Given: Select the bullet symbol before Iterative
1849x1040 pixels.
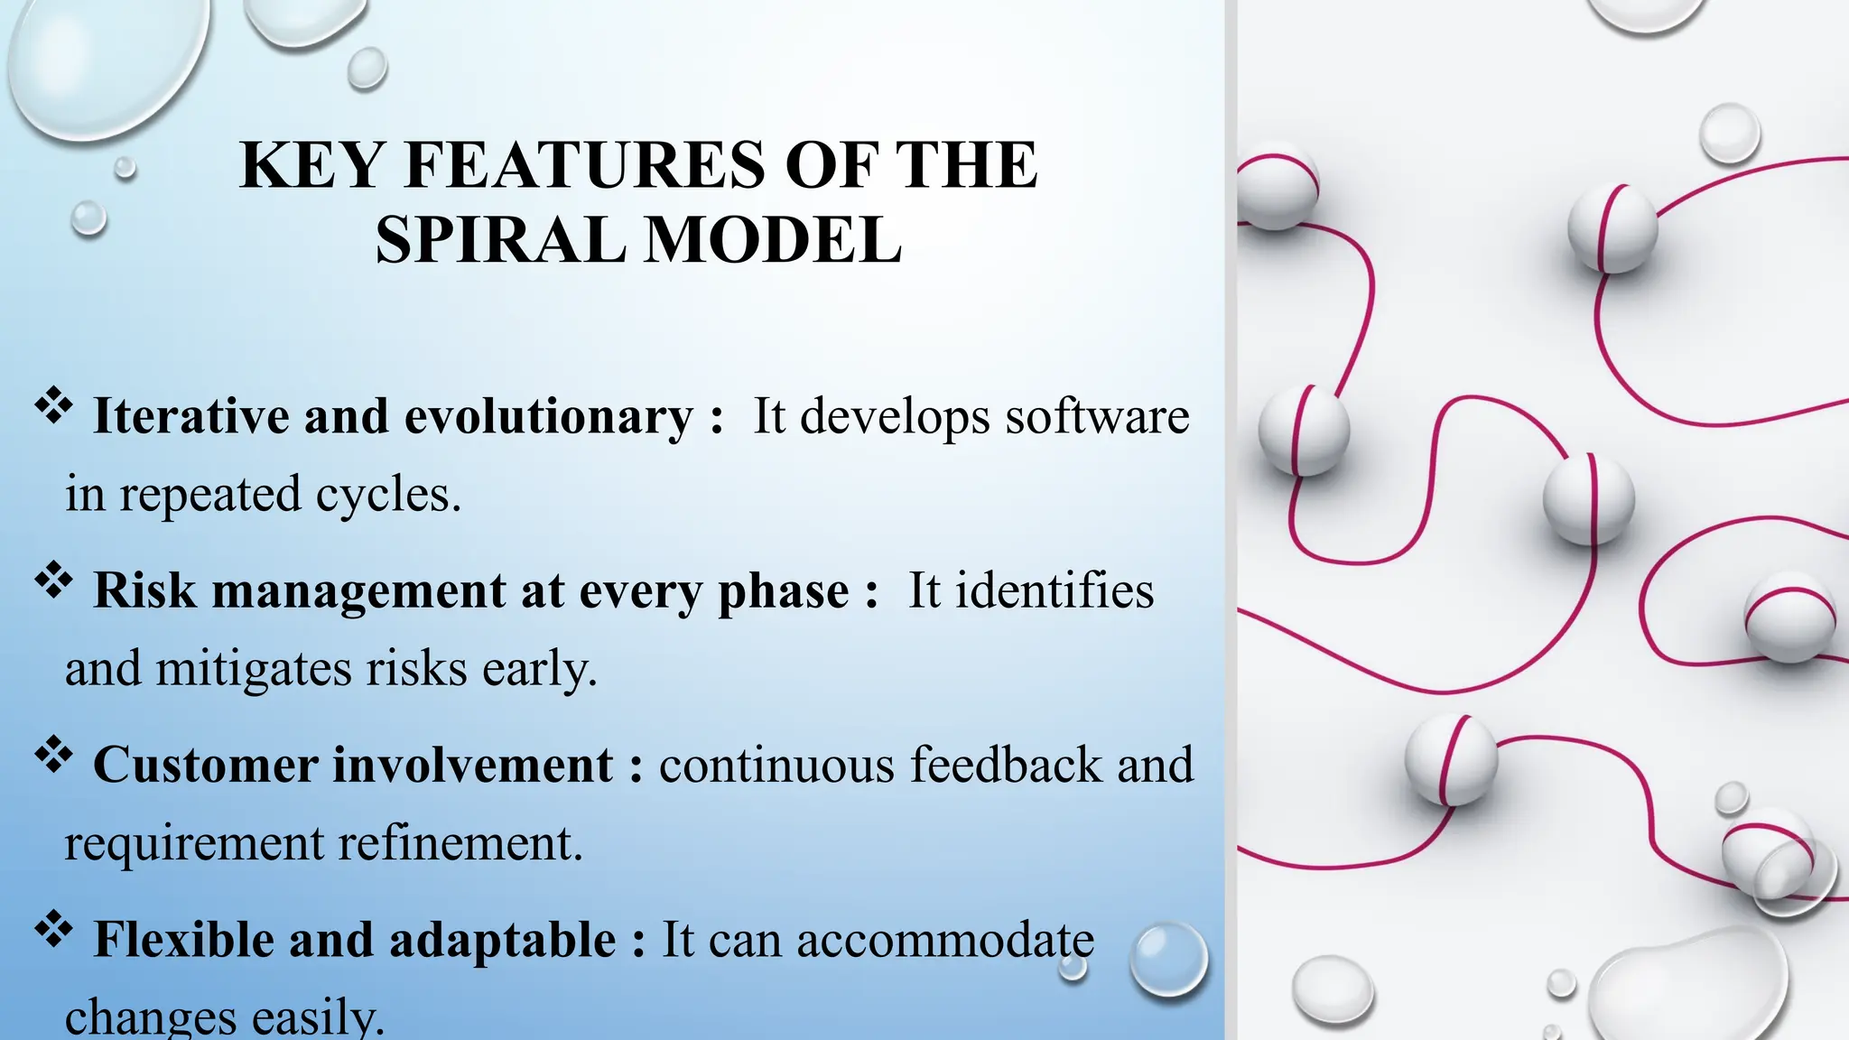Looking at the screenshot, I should click(53, 405).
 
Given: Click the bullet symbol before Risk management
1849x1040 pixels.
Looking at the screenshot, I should click(53, 580).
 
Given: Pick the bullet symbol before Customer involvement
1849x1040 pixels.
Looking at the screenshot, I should click(53, 754).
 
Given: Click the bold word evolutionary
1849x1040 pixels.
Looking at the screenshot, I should click(548, 417).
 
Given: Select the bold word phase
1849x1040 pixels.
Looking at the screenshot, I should click(783, 592).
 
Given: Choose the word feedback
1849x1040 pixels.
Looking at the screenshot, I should click(1006, 766).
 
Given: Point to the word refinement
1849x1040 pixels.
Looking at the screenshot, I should click(460, 844).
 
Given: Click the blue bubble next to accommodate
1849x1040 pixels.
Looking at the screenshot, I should click(1169, 959).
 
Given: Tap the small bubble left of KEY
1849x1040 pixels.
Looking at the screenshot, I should click(125, 167).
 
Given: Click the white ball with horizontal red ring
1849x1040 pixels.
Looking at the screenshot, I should click(1789, 617).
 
